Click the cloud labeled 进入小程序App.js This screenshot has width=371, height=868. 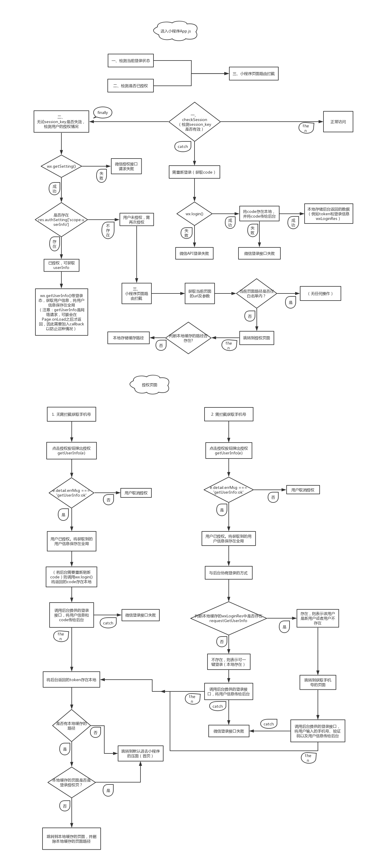175,31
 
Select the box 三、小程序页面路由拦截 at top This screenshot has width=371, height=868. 254,74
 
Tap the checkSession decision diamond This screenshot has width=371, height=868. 195,122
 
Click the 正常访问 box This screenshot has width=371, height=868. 338,122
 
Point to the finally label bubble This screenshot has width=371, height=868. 102,112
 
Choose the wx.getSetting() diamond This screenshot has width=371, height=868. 61,166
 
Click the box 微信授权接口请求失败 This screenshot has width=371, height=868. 126,167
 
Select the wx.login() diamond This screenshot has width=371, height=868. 195,214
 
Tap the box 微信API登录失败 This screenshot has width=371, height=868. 194,253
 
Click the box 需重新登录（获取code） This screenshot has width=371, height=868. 194,172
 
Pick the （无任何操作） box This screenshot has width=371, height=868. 320,293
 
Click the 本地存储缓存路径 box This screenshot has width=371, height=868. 128,338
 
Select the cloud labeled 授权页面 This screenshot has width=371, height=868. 149,385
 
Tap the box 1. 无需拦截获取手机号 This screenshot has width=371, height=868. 71,414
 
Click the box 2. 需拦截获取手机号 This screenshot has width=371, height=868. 228,414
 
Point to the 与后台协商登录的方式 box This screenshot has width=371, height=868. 228,573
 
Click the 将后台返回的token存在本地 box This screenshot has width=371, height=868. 71,680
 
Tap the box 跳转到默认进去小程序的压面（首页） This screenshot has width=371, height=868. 140,753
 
